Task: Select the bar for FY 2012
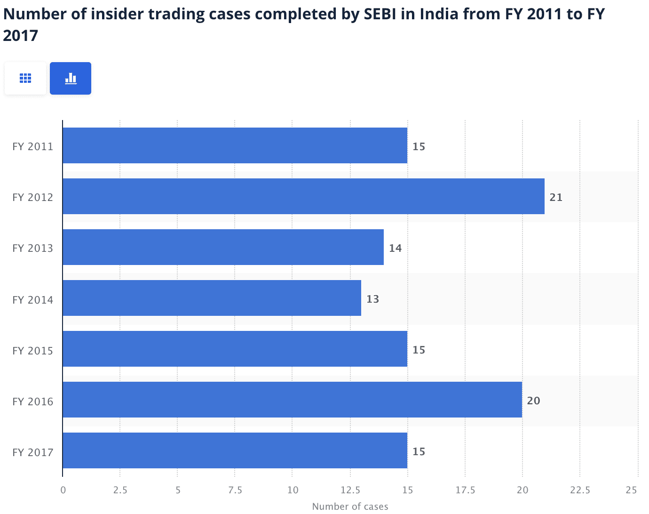[x=303, y=196]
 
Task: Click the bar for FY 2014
[x=212, y=298]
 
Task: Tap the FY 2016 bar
[x=292, y=400]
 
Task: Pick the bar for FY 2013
[x=223, y=247]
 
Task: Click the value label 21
[x=556, y=197]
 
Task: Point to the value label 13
[x=372, y=299]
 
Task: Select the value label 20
[x=533, y=401]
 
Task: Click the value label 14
[x=395, y=248]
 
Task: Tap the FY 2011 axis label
[x=33, y=146]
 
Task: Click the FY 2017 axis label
[x=33, y=452]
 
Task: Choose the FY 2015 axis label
[x=33, y=351]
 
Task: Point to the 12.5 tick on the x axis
[x=350, y=490]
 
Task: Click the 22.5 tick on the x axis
[x=580, y=490]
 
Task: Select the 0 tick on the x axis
[x=63, y=490]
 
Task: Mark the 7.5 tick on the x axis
[x=235, y=490]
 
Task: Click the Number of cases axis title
[x=350, y=506]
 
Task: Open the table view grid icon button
[x=25, y=78]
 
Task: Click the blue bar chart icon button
[x=71, y=78]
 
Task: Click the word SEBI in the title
[x=381, y=14]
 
